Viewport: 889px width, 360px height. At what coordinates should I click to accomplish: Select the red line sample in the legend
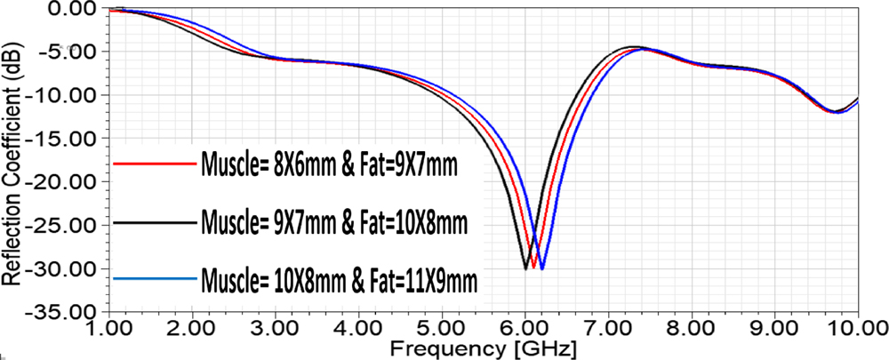click(155, 163)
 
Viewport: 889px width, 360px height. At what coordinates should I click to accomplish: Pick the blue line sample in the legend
click(155, 279)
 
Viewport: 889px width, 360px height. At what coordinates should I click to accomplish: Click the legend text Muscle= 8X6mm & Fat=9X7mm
click(329, 164)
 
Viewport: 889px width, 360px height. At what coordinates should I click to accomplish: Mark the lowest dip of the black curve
click(525, 268)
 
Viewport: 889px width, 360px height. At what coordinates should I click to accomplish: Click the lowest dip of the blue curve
click(542, 268)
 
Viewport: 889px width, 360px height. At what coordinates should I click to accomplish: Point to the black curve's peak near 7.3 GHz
click(634, 46)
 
